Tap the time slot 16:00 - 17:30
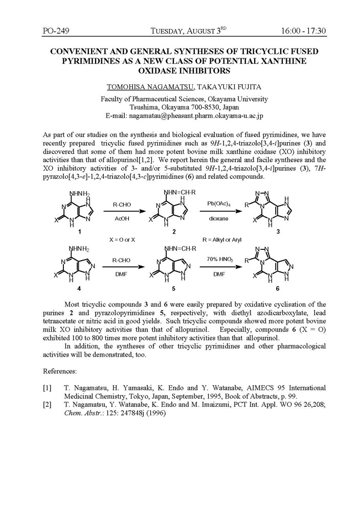point(303,31)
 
